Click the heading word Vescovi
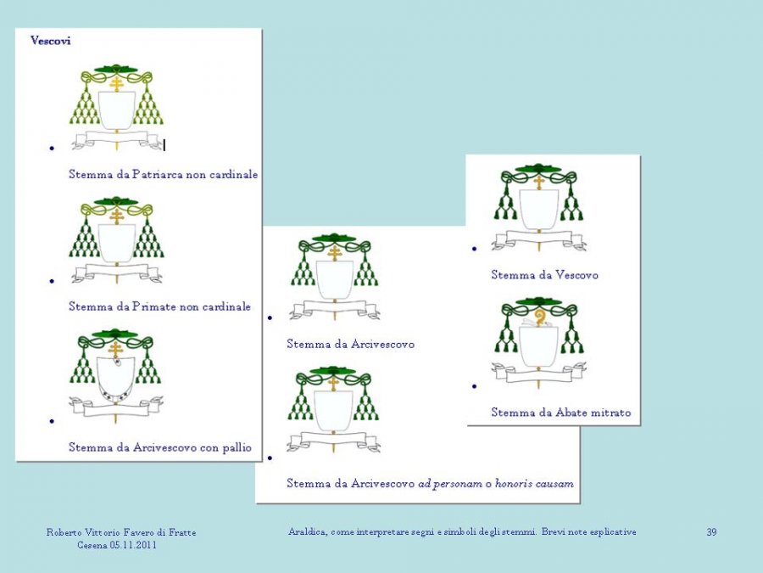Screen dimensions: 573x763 coord(50,40)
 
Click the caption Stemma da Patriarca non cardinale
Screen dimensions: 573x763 coord(163,174)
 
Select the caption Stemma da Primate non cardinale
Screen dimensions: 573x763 coord(159,306)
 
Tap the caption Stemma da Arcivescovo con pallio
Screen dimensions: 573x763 coord(160,447)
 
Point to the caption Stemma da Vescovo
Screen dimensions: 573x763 coord(544,275)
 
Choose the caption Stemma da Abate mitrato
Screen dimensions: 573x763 coord(560,413)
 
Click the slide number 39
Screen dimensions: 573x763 coord(711,532)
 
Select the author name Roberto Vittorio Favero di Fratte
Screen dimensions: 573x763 coord(121,532)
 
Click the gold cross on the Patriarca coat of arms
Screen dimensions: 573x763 coord(116,83)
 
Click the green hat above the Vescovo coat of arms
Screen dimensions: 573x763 coord(539,169)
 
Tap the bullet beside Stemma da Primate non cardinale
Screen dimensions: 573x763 coord(52,280)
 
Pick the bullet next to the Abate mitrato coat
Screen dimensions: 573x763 coord(474,385)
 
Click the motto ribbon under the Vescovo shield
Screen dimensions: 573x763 coord(539,239)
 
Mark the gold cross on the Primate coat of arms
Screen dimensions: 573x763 coord(116,216)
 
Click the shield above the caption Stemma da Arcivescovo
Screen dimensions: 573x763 coord(334,278)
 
